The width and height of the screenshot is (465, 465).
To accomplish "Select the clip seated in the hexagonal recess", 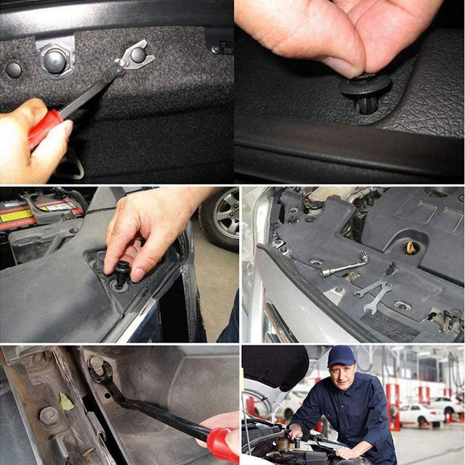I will pos(55,62).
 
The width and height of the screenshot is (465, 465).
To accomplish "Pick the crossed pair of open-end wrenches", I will pos(373,293).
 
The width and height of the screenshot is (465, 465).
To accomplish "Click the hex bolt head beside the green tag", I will pos(48,417).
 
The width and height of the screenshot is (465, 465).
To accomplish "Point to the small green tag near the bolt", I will pos(66,402).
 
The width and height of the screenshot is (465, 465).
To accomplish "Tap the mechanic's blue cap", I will pos(341,357).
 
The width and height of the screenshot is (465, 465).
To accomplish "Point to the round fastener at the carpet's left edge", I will pos(13,69).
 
